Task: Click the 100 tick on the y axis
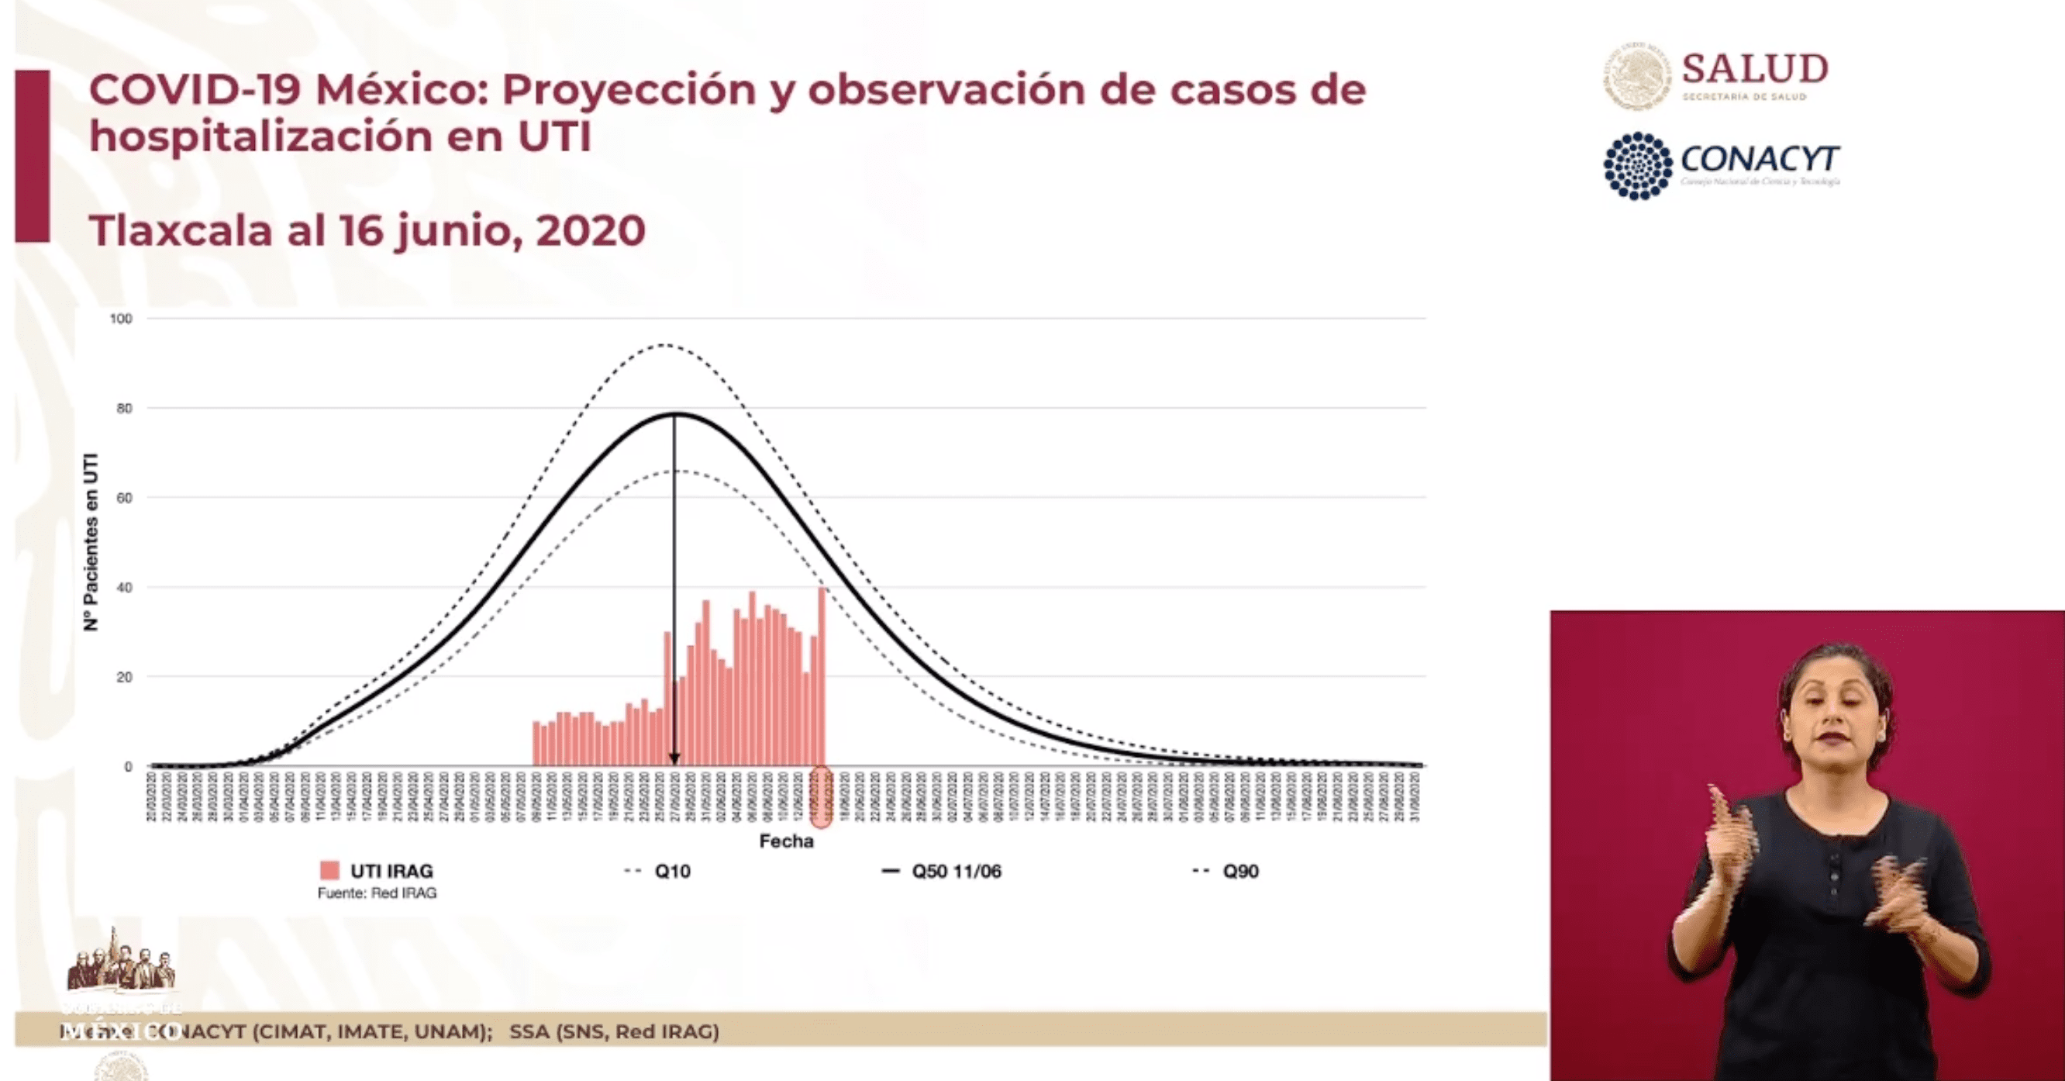(x=121, y=319)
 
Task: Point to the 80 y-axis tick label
(x=123, y=409)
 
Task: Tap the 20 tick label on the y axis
(x=123, y=678)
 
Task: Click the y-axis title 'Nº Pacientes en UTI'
(x=91, y=541)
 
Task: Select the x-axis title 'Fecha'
(x=785, y=841)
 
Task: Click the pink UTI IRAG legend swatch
(x=329, y=871)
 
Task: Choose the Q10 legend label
(x=672, y=872)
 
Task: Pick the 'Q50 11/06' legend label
(x=956, y=872)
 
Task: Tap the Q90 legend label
(x=1240, y=872)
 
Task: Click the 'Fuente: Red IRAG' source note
(x=377, y=893)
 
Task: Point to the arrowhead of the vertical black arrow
(x=674, y=758)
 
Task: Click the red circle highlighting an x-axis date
(x=822, y=796)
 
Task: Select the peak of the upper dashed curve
(x=664, y=346)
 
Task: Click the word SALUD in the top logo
(x=1754, y=69)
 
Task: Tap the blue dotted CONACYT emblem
(x=1638, y=165)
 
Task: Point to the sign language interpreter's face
(x=1835, y=718)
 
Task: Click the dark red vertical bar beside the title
(x=32, y=156)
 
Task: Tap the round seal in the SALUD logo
(x=1637, y=76)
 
